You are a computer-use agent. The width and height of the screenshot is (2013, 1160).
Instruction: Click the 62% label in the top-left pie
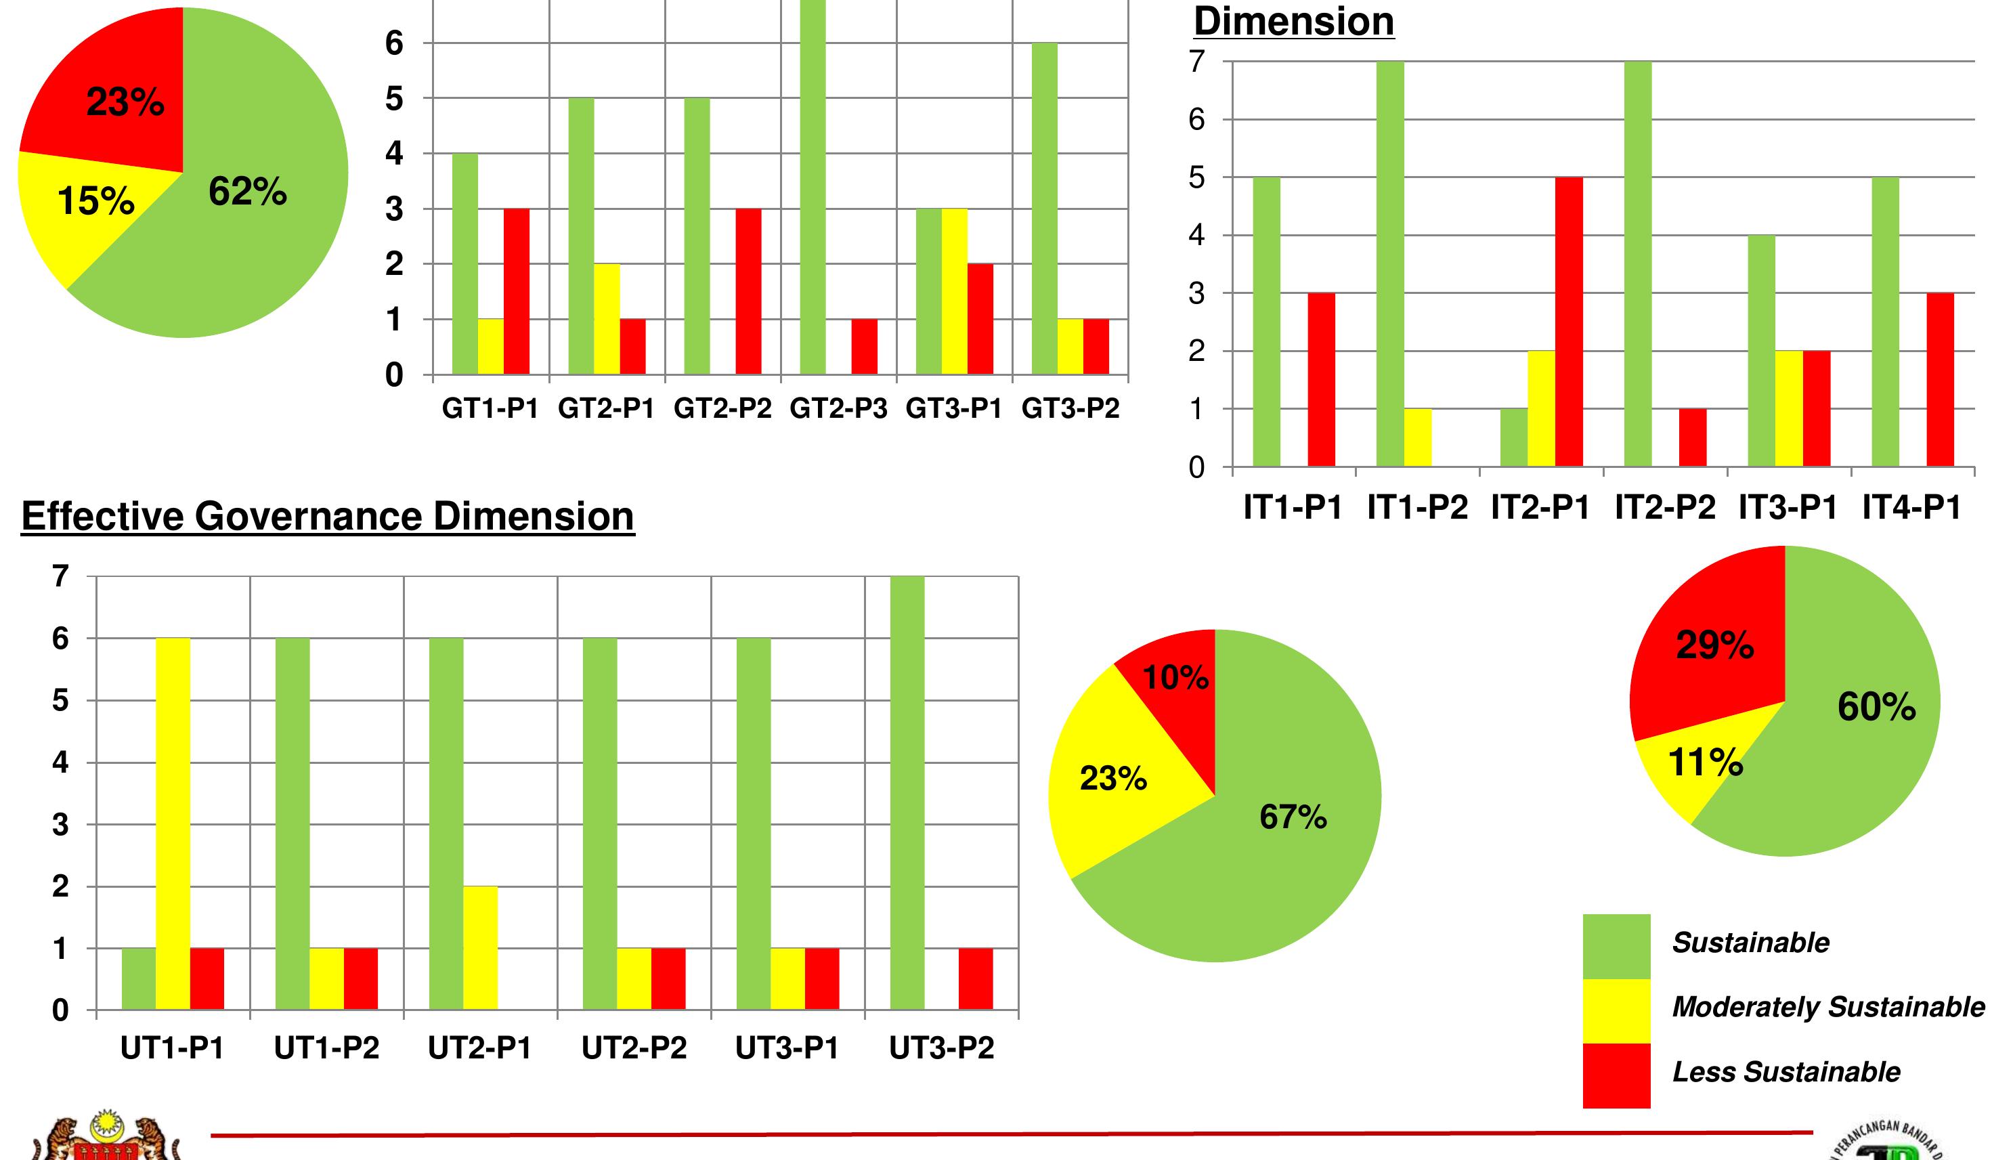247,192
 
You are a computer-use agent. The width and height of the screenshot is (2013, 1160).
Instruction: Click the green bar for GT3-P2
1044,207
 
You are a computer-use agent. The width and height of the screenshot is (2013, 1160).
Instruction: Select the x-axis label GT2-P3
838,409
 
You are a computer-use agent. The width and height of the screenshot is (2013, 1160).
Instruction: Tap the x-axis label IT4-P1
1911,507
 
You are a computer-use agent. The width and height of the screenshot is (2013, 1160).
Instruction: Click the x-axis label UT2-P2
633,1048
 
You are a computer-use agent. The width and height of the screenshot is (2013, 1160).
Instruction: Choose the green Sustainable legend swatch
1616,946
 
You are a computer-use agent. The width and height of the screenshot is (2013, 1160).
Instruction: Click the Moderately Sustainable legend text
1827,1007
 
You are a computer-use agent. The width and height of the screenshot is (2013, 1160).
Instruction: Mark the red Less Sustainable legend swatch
1616,1075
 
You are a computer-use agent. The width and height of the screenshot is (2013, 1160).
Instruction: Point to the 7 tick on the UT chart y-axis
60,575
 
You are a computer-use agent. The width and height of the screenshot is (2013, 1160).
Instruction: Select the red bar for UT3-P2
976,979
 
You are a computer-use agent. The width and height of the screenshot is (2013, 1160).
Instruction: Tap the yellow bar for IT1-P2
1417,437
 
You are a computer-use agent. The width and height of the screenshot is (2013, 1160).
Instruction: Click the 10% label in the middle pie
1175,678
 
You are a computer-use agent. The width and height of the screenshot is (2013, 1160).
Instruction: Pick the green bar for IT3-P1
1761,351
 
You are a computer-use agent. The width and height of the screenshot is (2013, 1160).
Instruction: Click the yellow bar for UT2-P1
480,948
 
